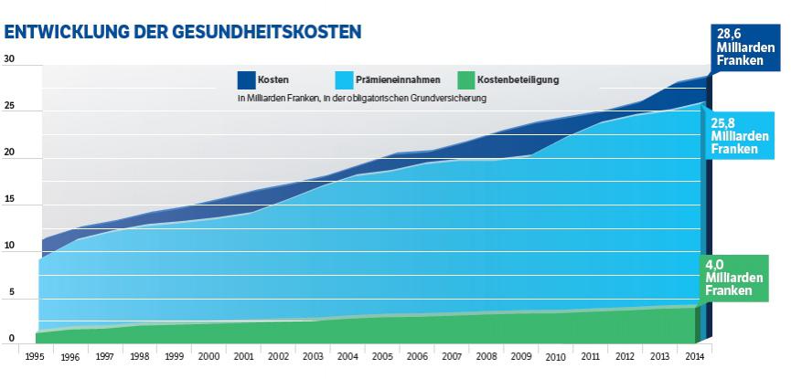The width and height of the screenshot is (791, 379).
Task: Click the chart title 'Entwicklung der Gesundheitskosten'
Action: point(183,31)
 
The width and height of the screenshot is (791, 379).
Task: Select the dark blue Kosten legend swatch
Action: point(246,79)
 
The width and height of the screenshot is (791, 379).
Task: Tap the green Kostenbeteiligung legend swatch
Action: point(465,79)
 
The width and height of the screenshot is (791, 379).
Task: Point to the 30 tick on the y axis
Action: point(10,60)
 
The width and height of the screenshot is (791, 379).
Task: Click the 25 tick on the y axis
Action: point(10,107)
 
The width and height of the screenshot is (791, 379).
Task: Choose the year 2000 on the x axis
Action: point(208,357)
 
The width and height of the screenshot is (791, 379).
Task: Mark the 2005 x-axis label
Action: point(382,357)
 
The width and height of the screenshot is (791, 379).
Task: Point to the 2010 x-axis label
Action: point(556,357)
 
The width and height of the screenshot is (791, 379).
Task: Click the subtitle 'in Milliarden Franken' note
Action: point(360,98)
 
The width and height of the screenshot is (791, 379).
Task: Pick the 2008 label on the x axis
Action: point(486,357)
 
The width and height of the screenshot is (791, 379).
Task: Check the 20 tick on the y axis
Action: point(10,153)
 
